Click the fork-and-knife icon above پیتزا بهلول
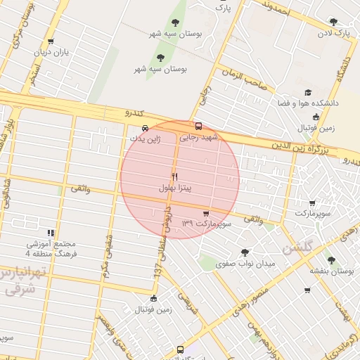[174, 176]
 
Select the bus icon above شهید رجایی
[198, 127]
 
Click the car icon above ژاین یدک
[145, 128]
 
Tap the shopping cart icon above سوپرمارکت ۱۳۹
[205, 213]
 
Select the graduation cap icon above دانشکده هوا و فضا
[307, 92]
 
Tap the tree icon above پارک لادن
[333, 22]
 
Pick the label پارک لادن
[333, 32]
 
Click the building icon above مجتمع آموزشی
[50, 233]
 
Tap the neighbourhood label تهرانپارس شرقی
[23, 280]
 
